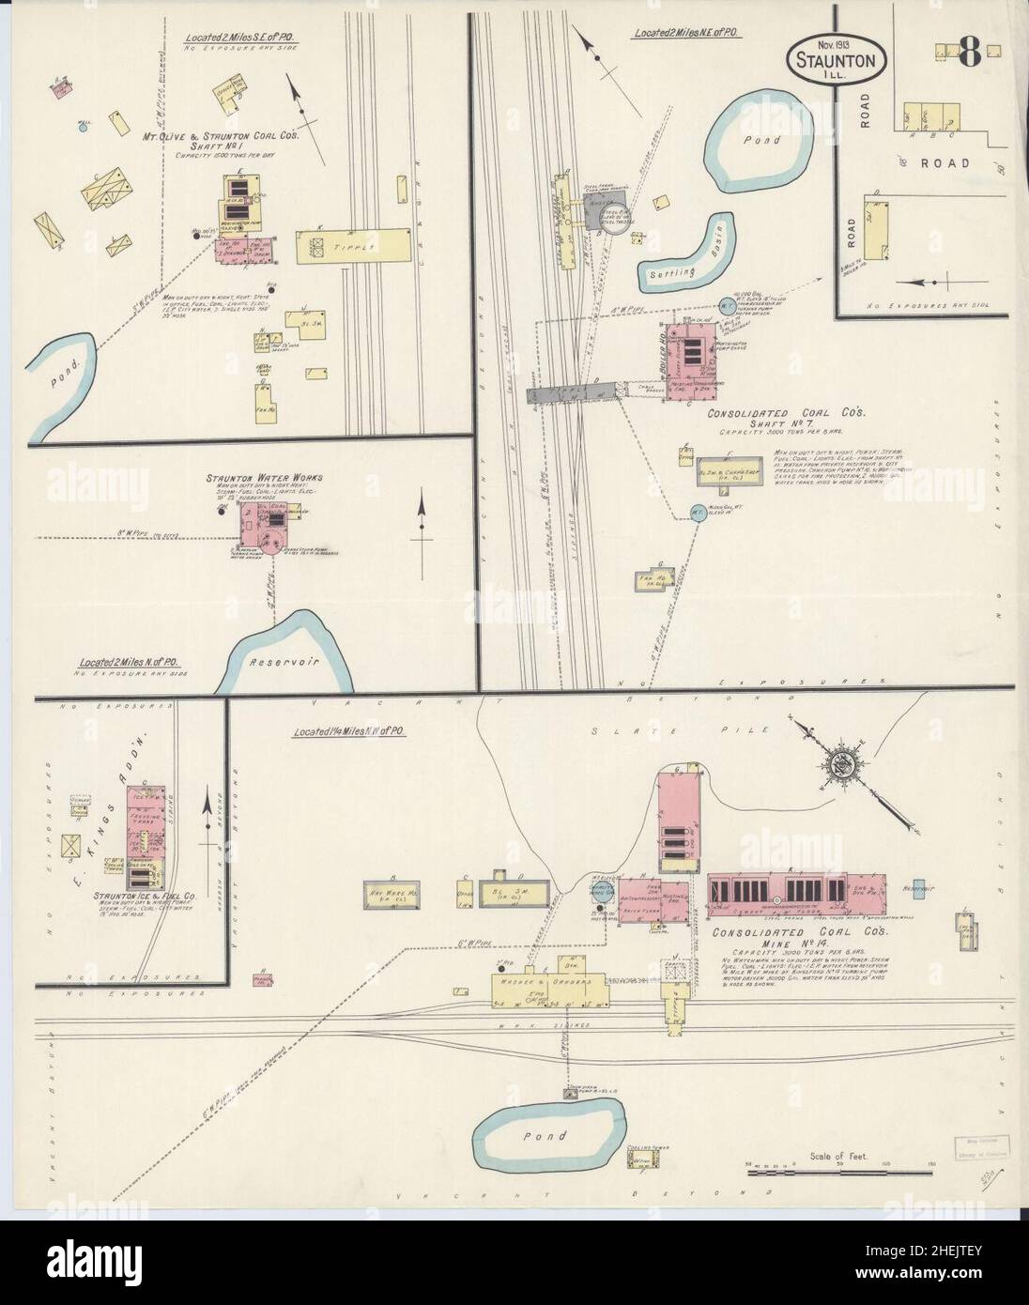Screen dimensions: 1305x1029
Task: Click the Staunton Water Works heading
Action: (253, 478)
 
